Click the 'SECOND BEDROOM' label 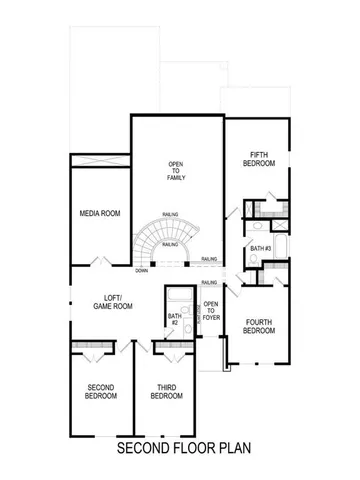(100, 391)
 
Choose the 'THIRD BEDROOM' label (166, 391)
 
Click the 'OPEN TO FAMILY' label (174, 171)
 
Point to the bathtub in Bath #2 (181, 297)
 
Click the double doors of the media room (101, 262)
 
